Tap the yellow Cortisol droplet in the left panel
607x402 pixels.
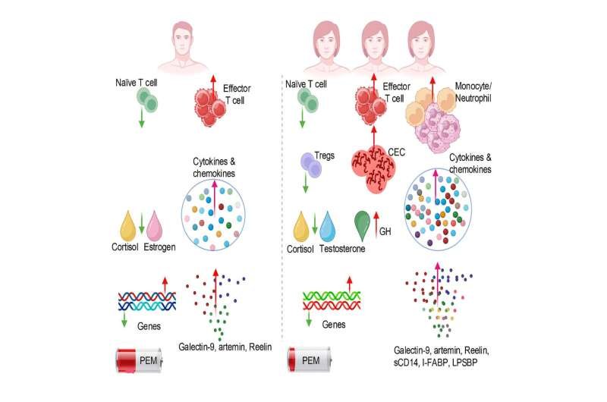pyautogui.click(x=134, y=228)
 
